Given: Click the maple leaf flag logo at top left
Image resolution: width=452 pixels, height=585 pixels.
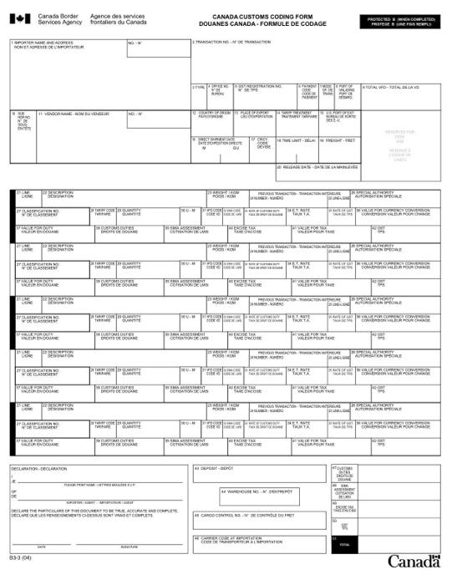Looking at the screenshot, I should tap(21, 19).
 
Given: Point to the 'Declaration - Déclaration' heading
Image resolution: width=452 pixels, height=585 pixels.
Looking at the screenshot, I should tap(33, 469).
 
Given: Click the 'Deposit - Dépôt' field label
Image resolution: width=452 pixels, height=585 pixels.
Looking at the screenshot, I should tap(216, 469).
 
